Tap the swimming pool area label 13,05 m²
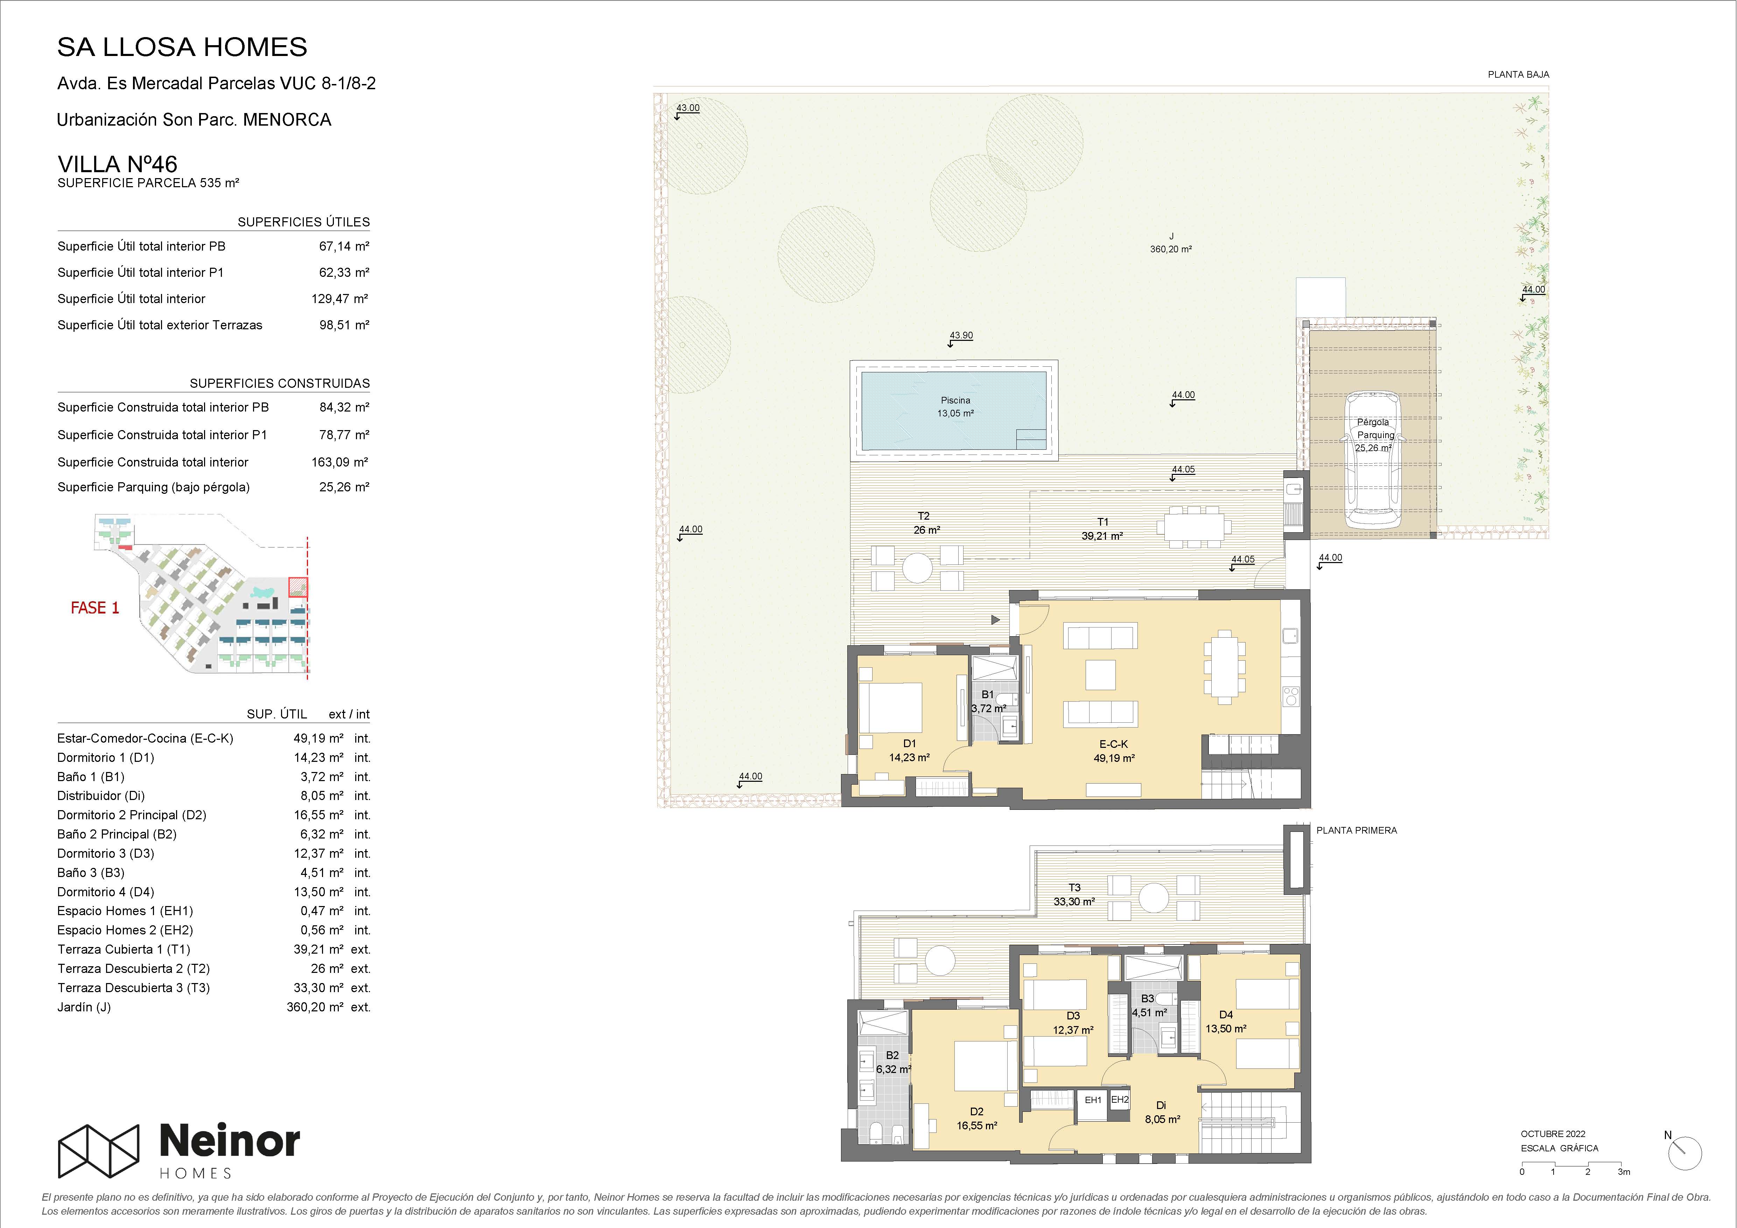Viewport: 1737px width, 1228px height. coord(955,413)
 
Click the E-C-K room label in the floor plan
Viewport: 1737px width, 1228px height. coord(1114,744)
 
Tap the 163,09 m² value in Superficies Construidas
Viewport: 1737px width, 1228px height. coord(340,462)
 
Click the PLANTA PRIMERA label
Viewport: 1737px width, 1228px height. coord(1357,830)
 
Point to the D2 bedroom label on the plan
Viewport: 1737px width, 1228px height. coord(977,1111)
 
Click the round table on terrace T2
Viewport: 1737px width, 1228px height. coord(917,568)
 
